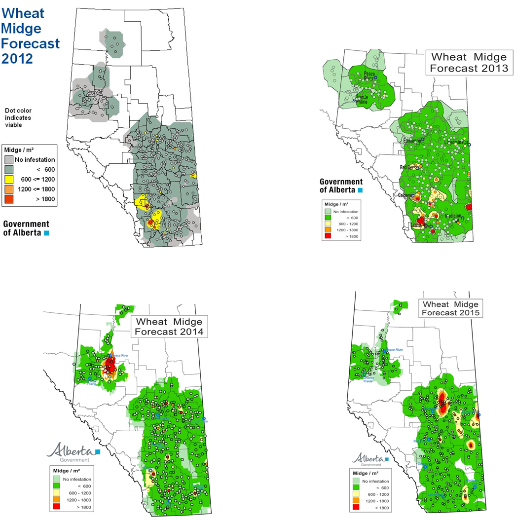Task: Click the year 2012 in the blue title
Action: (x=17, y=58)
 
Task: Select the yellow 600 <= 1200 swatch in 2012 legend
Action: (x=9, y=179)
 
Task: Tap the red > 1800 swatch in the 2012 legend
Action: (x=9, y=199)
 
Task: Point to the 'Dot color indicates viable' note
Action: (x=18, y=118)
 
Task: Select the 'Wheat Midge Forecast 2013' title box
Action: (x=469, y=63)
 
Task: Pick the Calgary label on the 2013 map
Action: (x=405, y=195)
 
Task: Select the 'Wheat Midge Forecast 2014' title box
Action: (x=169, y=326)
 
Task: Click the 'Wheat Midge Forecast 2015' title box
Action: (x=450, y=308)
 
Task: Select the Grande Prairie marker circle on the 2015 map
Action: (x=365, y=374)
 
